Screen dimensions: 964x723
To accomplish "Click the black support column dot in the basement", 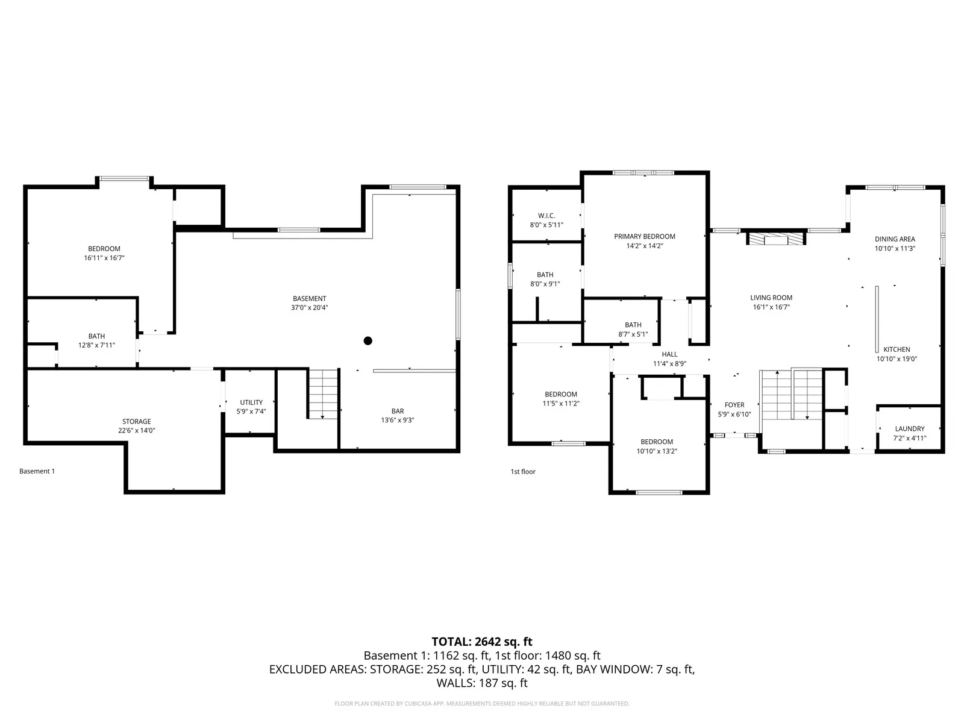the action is (x=368, y=340).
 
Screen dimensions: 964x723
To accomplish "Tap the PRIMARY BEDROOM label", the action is (x=644, y=237).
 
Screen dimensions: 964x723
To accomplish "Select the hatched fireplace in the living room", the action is (x=776, y=239).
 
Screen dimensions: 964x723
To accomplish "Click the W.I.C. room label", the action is (x=546, y=216).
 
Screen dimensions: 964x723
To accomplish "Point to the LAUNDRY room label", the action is (x=910, y=428).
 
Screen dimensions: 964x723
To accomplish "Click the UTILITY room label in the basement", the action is (x=251, y=402).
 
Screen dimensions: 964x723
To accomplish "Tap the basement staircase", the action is (x=323, y=394).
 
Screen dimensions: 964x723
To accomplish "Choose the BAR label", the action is (x=398, y=412).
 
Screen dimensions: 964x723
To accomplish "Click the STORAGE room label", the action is (x=137, y=421).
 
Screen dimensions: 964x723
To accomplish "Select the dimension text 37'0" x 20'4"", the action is (x=309, y=308).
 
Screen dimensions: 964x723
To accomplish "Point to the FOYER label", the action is (x=734, y=405).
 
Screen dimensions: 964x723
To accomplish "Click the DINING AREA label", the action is (x=895, y=239).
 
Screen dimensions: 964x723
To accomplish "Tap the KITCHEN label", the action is (x=897, y=349).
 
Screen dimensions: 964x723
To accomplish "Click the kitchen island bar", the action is (x=877, y=319).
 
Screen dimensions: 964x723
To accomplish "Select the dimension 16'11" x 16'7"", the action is (x=104, y=258).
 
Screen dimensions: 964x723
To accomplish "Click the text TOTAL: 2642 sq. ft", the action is (x=482, y=642).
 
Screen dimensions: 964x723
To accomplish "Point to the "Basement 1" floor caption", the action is (x=37, y=471).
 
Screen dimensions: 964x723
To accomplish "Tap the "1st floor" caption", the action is (x=522, y=472).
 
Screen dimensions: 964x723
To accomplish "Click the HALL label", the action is (x=669, y=354).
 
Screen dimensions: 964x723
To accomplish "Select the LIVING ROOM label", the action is (x=771, y=298).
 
